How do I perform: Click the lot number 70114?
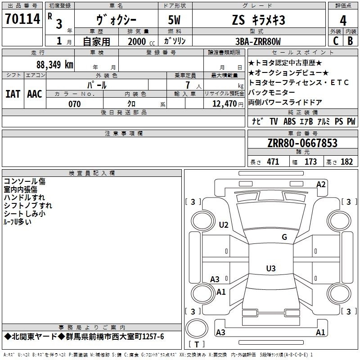tap(22, 18)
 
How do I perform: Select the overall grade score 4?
tap(343, 21)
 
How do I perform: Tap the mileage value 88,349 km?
tap(54, 65)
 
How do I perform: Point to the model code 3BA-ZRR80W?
tap(258, 41)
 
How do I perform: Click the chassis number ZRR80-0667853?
tap(302, 143)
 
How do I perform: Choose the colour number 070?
tap(75, 104)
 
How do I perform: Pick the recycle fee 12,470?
tap(224, 104)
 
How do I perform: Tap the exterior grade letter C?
tap(336, 41)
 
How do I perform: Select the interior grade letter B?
tap(350, 41)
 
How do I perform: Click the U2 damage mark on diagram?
tap(223, 225)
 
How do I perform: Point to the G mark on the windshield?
tap(284, 237)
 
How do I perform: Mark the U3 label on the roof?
tap(271, 268)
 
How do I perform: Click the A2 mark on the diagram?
tap(321, 184)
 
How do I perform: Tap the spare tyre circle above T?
tap(197, 328)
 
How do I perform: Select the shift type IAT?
tap(13, 94)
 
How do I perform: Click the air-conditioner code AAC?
tap(35, 94)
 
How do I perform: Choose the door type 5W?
tap(174, 20)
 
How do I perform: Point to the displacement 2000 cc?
tap(141, 42)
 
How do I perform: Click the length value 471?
tap(273, 162)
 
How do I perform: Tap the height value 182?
tap(346, 162)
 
